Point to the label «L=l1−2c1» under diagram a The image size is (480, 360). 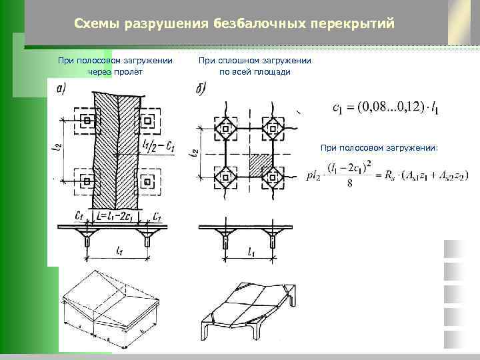115,217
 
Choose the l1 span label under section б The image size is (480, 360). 251,252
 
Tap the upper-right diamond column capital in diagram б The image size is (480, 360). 273,127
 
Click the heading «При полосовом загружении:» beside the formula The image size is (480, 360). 379,148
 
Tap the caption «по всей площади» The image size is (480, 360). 254,72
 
